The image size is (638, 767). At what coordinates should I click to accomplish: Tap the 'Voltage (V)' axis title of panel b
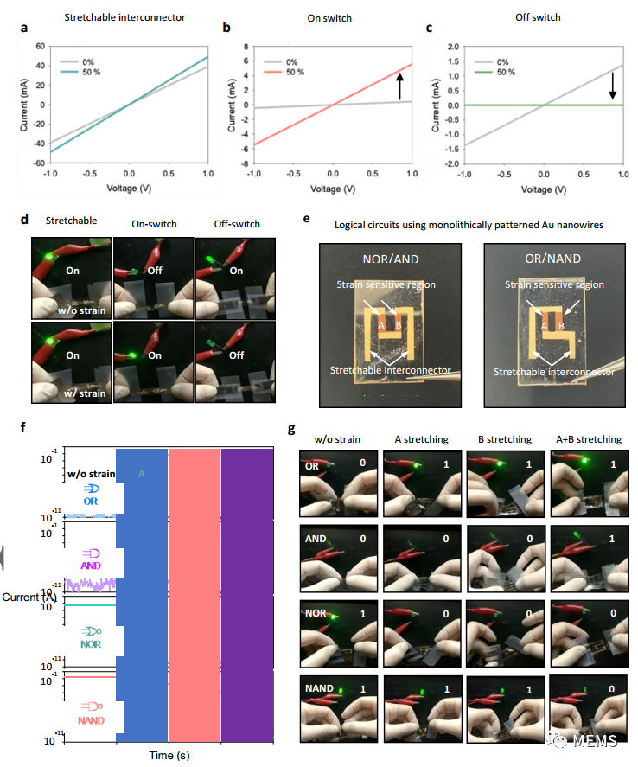333,189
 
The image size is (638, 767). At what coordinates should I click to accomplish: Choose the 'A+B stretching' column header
590,439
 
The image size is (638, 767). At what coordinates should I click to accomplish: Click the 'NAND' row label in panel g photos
319,689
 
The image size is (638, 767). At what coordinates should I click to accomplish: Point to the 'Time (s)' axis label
169,755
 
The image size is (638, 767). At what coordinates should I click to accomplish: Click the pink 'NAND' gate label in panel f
92,720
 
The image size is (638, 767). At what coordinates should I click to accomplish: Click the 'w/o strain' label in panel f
91,473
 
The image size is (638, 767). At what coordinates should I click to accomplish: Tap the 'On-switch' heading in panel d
154,225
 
